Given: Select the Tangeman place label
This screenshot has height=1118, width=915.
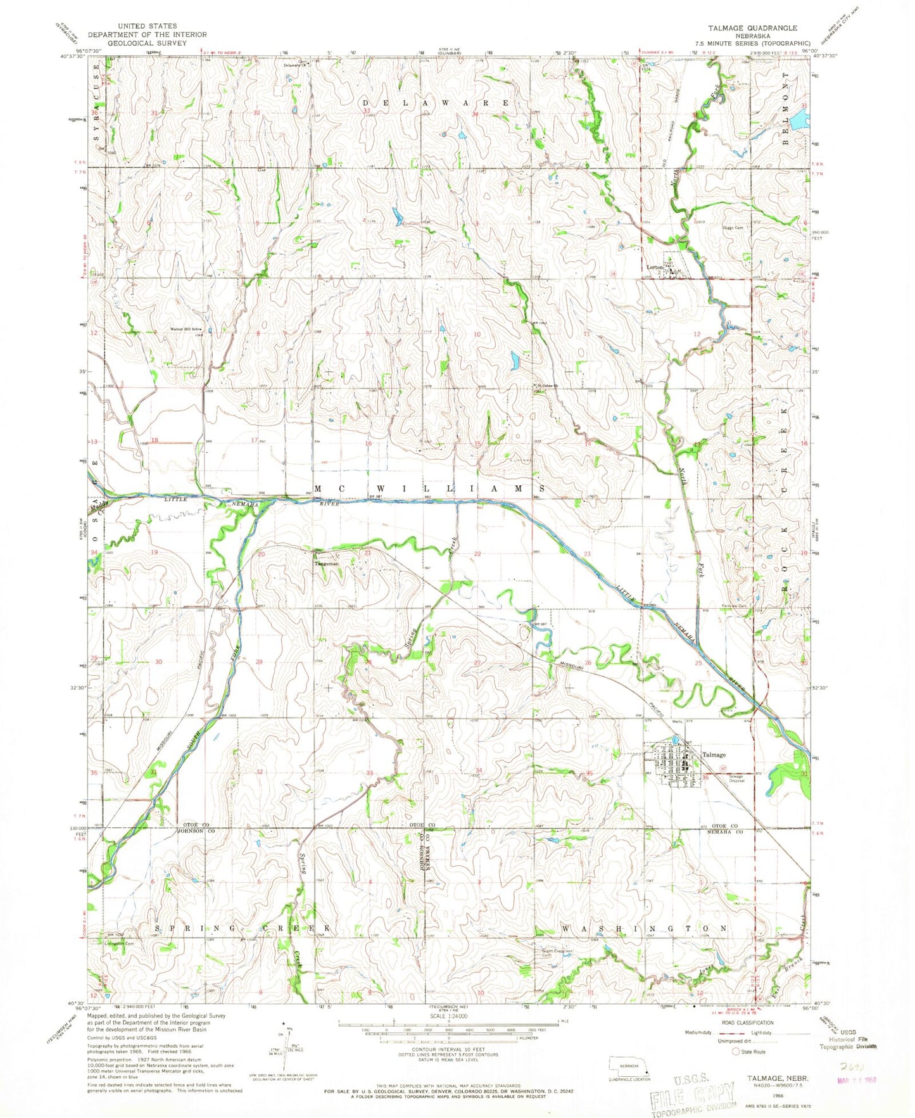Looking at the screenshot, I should pos(327,563).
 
